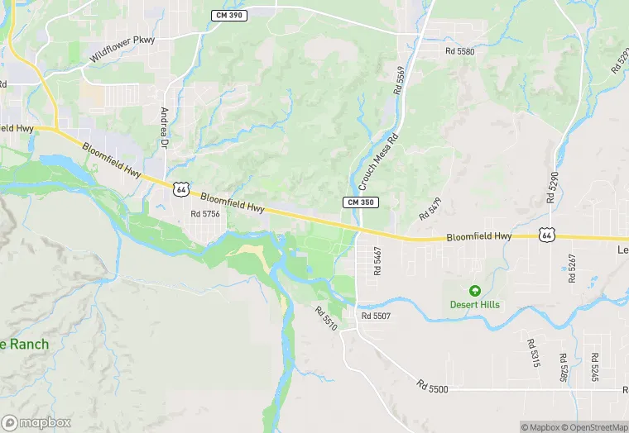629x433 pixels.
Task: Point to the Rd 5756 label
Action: [x=205, y=214]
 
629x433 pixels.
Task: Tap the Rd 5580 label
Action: [x=459, y=51]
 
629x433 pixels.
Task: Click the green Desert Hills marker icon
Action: [x=475, y=290]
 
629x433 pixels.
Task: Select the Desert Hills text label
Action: [x=475, y=304]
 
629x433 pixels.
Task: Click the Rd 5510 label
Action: [x=325, y=319]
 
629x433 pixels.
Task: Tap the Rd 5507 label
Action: [x=376, y=316]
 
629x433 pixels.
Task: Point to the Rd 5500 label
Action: [x=432, y=386]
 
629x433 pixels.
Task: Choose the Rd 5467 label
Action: [x=377, y=260]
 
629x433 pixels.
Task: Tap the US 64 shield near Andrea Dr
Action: [x=181, y=188]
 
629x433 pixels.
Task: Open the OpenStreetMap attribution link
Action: [x=594, y=427]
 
